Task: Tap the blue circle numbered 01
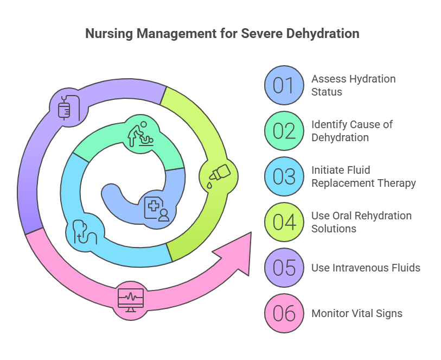[284, 85]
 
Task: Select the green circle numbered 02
[284, 131]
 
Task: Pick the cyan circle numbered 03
[284, 176]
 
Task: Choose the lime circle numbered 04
[284, 222]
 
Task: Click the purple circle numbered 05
[284, 268]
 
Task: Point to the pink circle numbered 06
[284, 313]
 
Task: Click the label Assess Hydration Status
[353, 85]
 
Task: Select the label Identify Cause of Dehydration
[352, 131]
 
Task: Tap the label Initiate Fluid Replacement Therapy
[363, 176]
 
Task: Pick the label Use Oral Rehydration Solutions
[361, 222]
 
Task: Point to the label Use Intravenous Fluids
[366, 268]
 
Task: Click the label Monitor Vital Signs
[356, 313]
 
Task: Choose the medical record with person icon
[157, 209]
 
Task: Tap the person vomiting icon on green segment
[140, 134]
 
